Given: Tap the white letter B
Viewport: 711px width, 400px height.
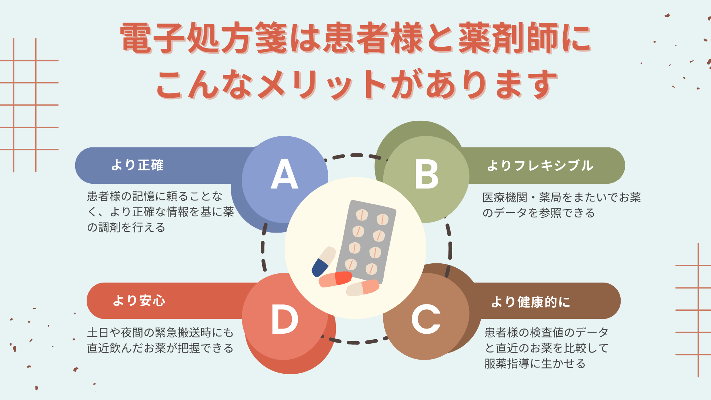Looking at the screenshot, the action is (427, 174).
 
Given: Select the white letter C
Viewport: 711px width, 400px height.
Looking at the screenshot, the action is (426, 319).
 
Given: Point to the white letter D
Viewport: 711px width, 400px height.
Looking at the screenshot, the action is (284, 319).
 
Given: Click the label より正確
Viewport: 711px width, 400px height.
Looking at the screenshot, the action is (137, 165).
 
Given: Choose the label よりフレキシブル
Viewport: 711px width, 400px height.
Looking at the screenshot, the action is (540, 166).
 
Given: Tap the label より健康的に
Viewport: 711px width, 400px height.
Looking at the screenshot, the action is (530, 302).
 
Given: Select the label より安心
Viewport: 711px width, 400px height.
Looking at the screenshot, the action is (139, 300).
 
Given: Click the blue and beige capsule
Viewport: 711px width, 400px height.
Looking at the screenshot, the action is (323, 261).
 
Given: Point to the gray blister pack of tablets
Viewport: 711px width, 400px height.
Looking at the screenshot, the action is (366, 241).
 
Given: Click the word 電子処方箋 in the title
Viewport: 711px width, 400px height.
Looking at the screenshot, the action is (204, 38).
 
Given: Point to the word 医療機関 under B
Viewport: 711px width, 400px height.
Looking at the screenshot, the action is (505, 197).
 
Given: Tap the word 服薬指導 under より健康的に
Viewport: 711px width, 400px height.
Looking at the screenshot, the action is (507, 364).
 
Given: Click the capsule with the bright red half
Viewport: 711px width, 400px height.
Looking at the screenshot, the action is (335, 279).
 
